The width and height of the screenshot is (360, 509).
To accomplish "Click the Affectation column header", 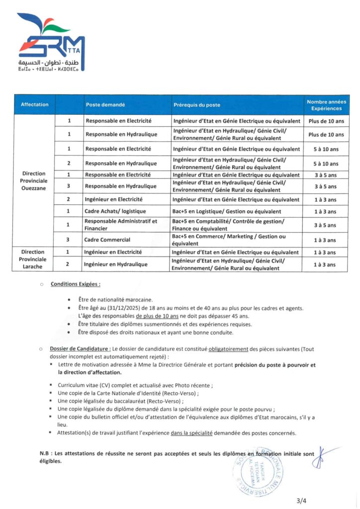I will point(35,105).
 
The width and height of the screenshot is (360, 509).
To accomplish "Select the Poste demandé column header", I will point(105,105).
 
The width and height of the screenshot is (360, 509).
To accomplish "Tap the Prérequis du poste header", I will point(197,105).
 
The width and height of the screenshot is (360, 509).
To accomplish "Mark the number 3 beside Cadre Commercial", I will point(68,239).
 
